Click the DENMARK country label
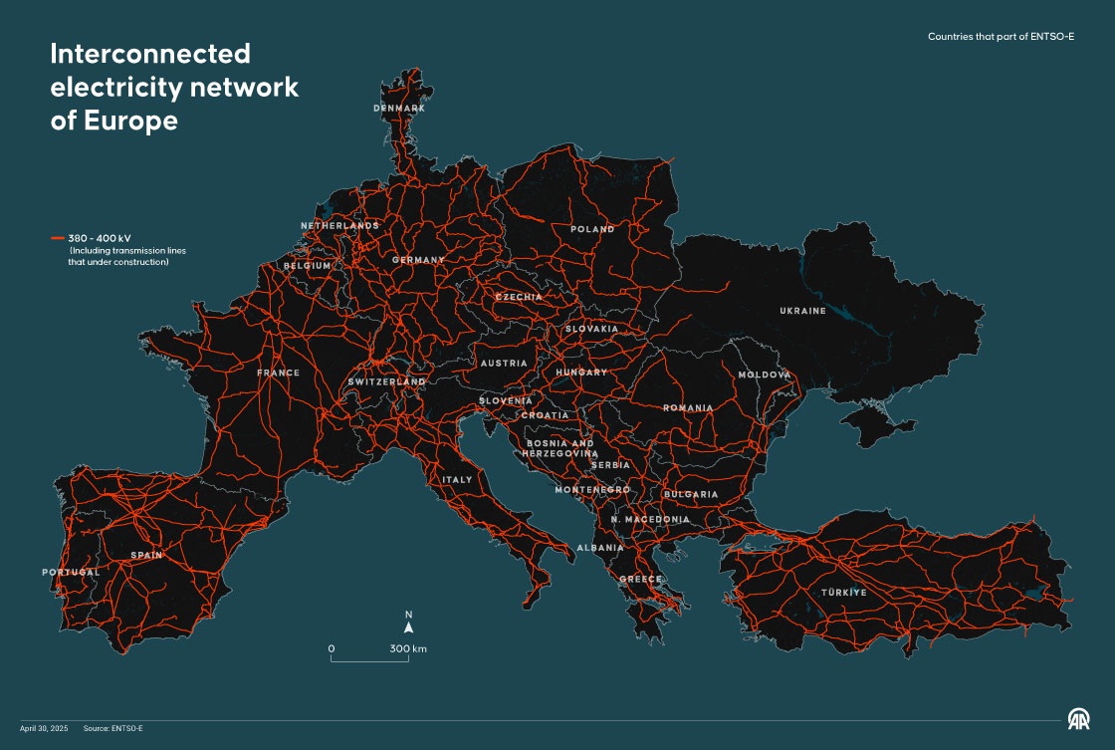click(399, 108)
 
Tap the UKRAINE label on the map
click(802, 311)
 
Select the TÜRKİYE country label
click(844, 593)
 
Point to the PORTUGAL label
click(71, 573)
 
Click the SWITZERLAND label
click(387, 381)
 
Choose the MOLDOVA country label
click(764, 375)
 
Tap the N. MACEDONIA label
click(650, 520)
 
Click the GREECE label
click(640, 579)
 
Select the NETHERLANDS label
click(339, 226)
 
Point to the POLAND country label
click(592, 229)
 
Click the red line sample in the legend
click(57, 239)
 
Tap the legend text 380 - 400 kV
click(99, 239)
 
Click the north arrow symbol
click(408, 628)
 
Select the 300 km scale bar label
click(408, 649)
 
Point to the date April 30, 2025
click(41, 728)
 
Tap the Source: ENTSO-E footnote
click(113, 728)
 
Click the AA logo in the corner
click(1079, 719)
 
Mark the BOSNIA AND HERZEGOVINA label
click(559, 448)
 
